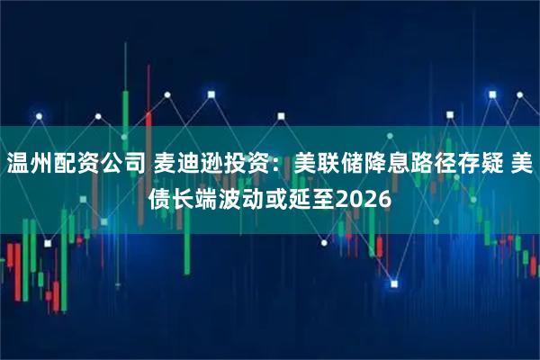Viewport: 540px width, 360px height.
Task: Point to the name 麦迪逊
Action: tap(183, 165)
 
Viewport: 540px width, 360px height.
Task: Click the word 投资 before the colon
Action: tap(239, 165)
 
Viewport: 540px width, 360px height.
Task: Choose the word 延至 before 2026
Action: tap(310, 198)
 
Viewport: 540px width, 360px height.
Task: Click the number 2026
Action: tap(363, 198)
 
